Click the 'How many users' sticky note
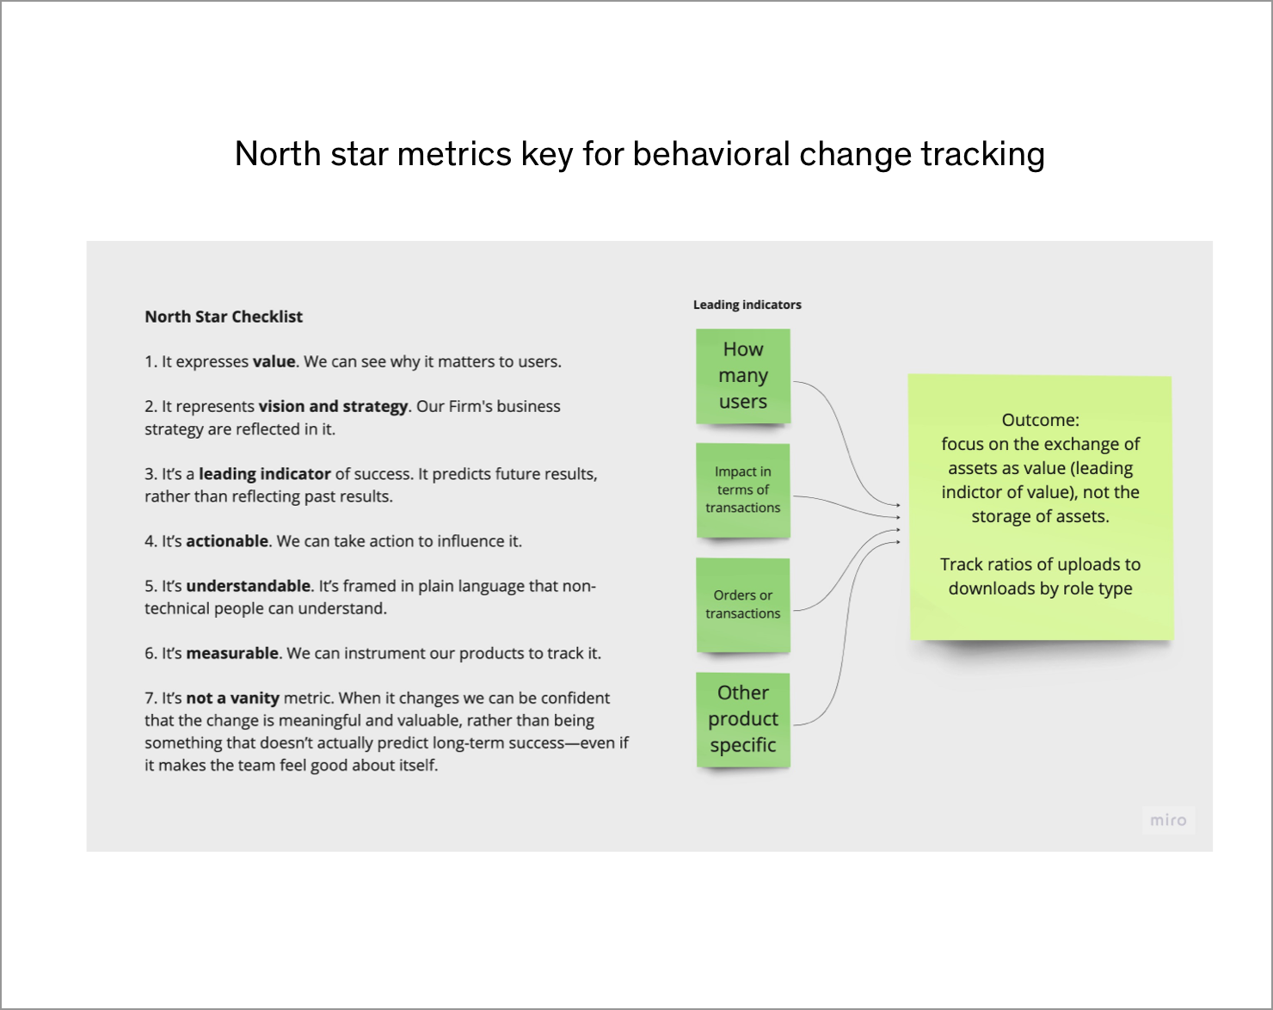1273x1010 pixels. tap(743, 376)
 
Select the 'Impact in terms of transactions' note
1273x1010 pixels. tap(743, 490)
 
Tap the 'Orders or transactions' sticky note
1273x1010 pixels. tap(743, 606)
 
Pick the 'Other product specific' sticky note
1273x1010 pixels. tap(743, 720)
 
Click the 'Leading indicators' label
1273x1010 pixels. tap(747, 305)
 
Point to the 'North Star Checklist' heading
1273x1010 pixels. tap(224, 317)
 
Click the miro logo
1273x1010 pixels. tap(1168, 820)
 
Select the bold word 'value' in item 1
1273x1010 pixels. tap(274, 361)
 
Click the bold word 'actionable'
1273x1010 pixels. tap(227, 541)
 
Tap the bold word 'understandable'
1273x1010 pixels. tap(249, 587)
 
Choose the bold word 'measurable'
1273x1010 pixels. tap(232, 653)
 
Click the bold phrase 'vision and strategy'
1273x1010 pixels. tap(333, 406)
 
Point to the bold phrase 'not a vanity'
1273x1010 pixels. tap(232, 699)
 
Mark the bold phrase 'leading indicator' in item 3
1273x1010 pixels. tap(264, 474)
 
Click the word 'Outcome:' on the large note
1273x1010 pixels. tap(1041, 420)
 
